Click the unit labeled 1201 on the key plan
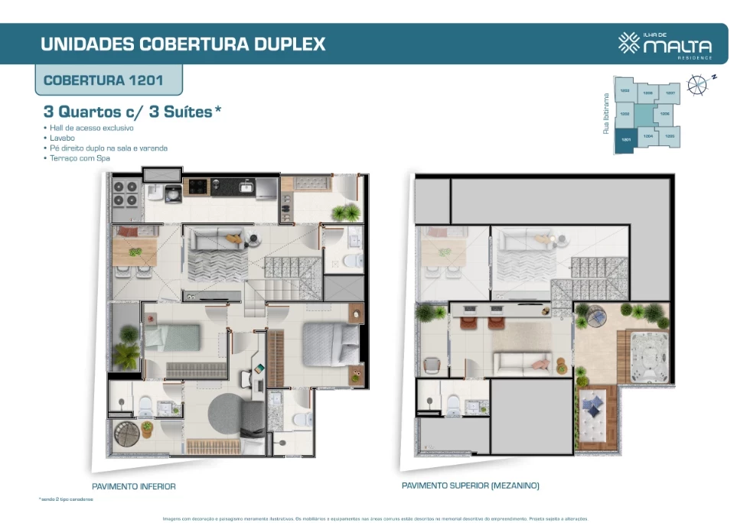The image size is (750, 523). pyautogui.click(x=625, y=141)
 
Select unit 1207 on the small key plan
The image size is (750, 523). pyautogui.click(x=670, y=93)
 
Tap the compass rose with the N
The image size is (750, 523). pyautogui.click(x=697, y=84)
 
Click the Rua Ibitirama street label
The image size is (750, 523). pyautogui.click(x=606, y=114)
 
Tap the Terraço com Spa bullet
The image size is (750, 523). pyautogui.click(x=78, y=158)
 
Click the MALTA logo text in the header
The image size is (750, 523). pyautogui.click(x=677, y=47)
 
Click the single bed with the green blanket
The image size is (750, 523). pyautogui.click(x=173, y=338)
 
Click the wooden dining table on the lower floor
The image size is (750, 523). pyautogui.click(x=135, y=251)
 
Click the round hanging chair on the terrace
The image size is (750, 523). pyautogui.click(x=595, y=315)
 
